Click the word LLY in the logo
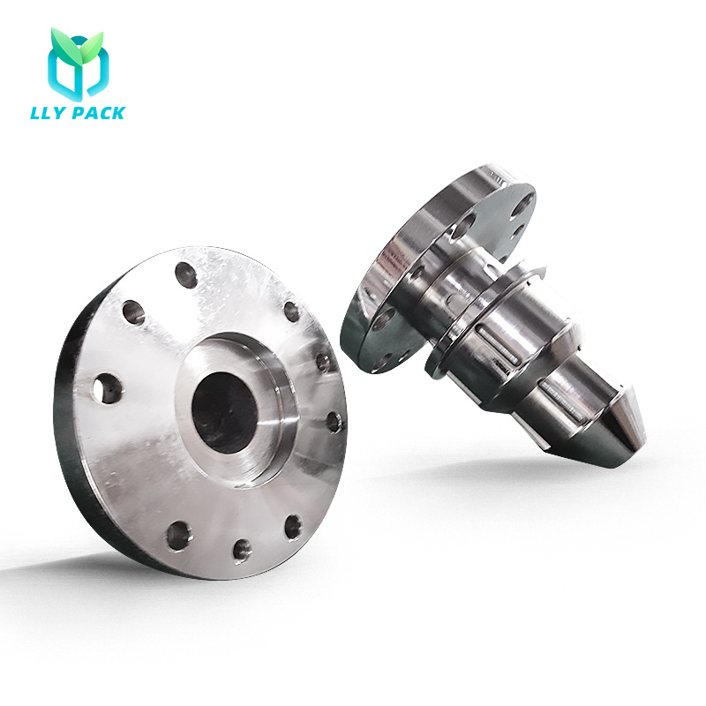coord(49,113)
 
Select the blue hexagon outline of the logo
coord(79,68)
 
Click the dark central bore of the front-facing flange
coord(225,412)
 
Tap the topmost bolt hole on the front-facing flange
coord(186,274)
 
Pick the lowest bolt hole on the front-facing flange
coord(242,551)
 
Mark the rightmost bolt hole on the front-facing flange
coord(334,422)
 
